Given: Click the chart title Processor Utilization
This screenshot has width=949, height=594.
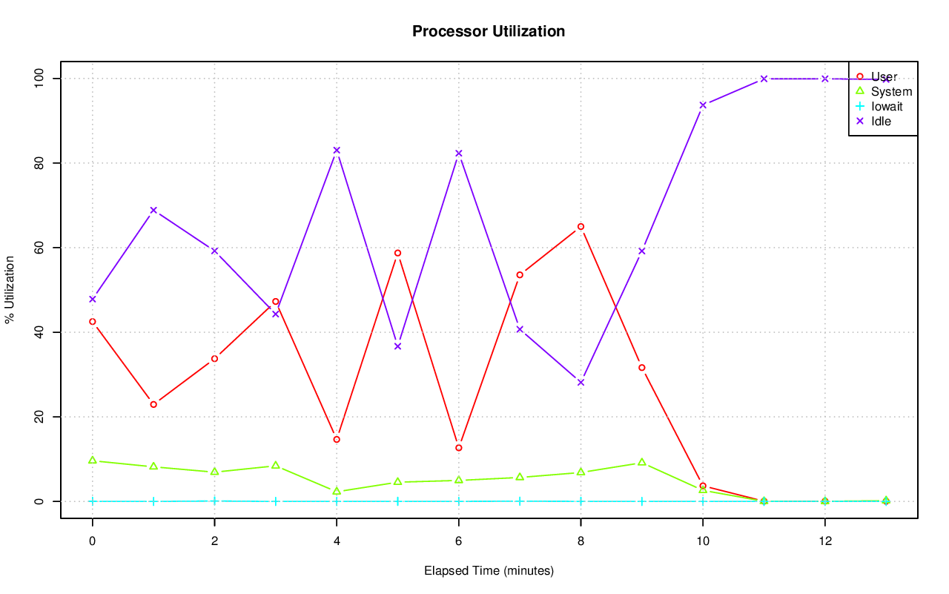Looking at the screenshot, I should pos(489,31).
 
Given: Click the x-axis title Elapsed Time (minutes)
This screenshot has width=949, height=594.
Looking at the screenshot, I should pos(489,571).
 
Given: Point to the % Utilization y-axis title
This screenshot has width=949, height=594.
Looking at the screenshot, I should pos(10,290).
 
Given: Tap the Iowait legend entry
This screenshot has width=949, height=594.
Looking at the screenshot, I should pos(887,106).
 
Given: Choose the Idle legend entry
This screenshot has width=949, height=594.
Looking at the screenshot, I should pos(881,121).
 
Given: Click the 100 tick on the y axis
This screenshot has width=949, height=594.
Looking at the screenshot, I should pos(39,79).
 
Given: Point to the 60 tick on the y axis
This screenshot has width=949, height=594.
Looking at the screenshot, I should pos(39,248).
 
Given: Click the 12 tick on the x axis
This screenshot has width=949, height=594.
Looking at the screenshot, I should pos(824,541).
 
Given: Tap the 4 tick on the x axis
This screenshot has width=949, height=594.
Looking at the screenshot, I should pos(337,541).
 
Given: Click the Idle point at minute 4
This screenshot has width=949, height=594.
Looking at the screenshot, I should pos(337,150).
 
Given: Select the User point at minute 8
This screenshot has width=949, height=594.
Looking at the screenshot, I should pos(581,226).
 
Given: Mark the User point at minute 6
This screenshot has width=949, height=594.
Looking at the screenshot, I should pos(459,448).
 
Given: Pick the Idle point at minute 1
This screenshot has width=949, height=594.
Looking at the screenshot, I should pos(153,210).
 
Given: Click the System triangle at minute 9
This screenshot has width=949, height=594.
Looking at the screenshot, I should pos(642,462).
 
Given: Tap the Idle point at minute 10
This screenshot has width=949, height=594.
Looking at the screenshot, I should pos(703,105).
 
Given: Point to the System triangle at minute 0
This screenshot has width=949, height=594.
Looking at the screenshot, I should pos(93,460).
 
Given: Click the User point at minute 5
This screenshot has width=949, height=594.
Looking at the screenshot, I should pos(397,253).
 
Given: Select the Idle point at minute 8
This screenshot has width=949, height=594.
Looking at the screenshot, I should pos(581,382).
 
